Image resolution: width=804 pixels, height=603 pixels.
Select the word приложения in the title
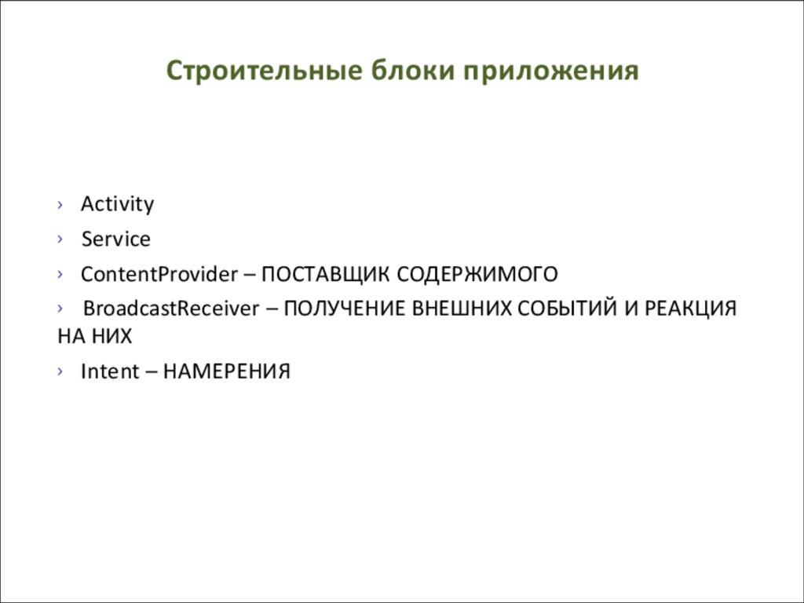[x=550, y=71]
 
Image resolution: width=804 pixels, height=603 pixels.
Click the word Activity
[x=117, y=204]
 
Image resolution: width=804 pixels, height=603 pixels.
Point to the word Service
[x=115, y=239]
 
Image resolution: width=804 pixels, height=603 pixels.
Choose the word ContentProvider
[x=159, y=274]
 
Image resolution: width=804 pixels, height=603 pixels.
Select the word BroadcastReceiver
[x=170, y=309]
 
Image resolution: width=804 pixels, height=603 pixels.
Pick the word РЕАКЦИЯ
[x=691, y=309]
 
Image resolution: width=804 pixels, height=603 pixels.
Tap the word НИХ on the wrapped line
[x=111, y=336]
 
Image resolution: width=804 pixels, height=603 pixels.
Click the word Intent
[x=109, y=371]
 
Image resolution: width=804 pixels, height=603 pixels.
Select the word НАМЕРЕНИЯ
[x=227, y=371]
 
